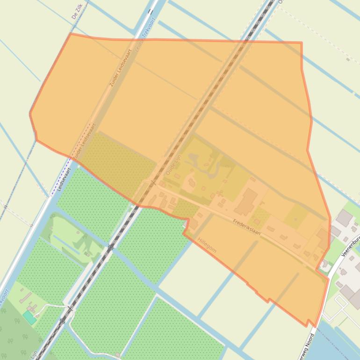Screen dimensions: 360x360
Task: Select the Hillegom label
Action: click(x=207, y=245)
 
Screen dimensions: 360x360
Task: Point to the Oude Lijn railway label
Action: click(x=173, y=165)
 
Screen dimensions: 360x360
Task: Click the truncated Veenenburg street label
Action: click(x=350, y=246)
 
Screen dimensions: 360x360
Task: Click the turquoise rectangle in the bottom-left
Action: click(x=29, y=317)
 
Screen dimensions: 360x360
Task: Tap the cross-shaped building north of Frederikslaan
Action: click(x=219, y=193)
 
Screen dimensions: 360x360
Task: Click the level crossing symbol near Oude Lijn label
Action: click(x=152, y=183)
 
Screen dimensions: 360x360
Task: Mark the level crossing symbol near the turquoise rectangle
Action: click(x=70, y=309)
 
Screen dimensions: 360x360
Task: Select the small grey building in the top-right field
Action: click(x=348, y=59)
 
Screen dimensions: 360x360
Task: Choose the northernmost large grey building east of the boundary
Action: click(x=345, y=218)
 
